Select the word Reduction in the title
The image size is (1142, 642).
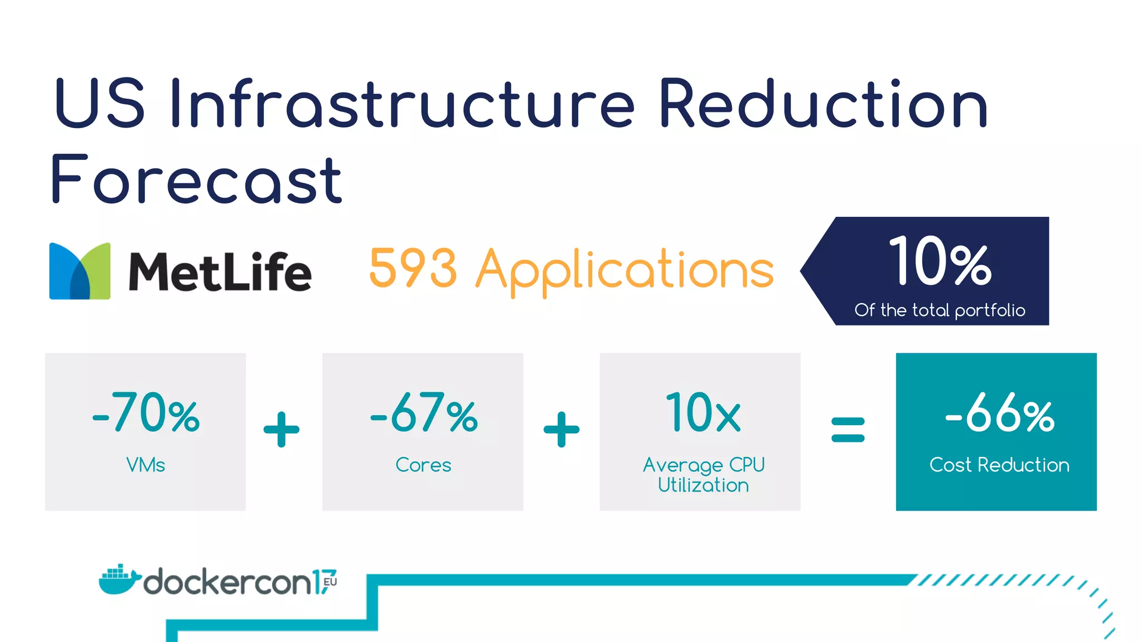(x=823, y=104)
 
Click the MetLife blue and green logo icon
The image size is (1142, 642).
(x=80, y=271)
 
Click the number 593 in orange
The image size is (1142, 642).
(x=413, y=269)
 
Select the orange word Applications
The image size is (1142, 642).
(x=625, y=271)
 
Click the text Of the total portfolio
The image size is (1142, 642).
(x=940, y=310)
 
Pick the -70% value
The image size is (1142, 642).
(x=146, y=413)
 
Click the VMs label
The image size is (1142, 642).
(x=146, y=465)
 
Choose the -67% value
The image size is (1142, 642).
(x=424, y=413)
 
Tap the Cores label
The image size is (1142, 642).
(x=423, y=465)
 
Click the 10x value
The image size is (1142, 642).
(x=703, y=413)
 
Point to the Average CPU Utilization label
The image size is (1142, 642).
(x=703, y=475)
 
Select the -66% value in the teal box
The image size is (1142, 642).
(x=999, y=414)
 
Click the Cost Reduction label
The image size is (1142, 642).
(x=999, y=465)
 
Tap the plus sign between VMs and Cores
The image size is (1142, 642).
(x=282, y=430)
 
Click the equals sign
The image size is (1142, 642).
(x=848, y=430)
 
